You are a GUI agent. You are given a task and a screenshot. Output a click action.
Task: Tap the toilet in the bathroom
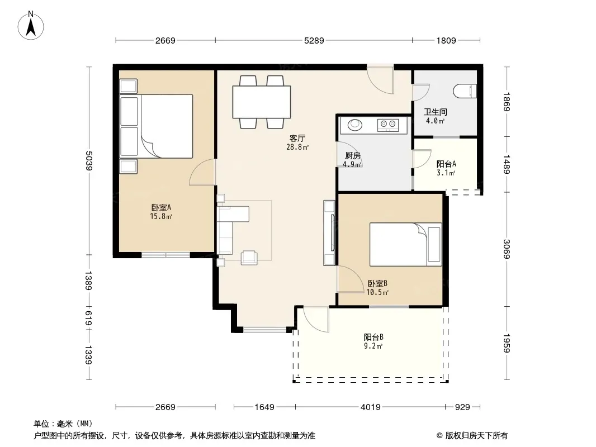pyautogui.click(x=465, y=91)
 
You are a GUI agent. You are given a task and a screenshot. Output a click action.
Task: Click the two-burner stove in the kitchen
pyautogui.click(x=387, y=125)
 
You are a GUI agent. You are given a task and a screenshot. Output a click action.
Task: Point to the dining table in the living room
pyautogui.click(x=262, y=102)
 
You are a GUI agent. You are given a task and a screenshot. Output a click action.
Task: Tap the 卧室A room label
pyautogui.click(x=161, y=207)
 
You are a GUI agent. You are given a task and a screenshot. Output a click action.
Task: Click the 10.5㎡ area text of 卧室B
pyautogui.click(x=377, y=292)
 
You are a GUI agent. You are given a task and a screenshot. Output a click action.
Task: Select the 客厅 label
pyautogui.click(x=297, y=138)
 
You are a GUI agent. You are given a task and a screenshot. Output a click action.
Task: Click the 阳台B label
pyautogui.click(x=373, y=337)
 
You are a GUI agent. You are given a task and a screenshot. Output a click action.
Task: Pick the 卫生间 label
pyautogui.click(x=435, y=112)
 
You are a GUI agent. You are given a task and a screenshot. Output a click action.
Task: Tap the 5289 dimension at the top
pyautogui.click(x=314, y=40)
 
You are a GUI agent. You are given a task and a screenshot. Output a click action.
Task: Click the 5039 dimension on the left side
pyautogui.click(x=88, y=161)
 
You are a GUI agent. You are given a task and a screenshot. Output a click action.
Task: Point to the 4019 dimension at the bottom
pyautogui.click(x=371, y=407)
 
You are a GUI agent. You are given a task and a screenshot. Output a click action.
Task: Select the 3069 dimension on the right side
pyautogui.click(x=507, y=249)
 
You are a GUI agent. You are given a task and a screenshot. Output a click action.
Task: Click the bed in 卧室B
pyautogui.click(x=405, y=244)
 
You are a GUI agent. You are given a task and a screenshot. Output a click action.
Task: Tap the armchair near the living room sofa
pyautogui.click(x=249, y=258)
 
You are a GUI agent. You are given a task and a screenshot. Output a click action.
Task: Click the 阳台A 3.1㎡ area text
pyautogui.click(x=446, y=173)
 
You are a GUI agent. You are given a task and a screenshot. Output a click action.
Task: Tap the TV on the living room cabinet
pyautogui.click(x=333, y=232)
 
